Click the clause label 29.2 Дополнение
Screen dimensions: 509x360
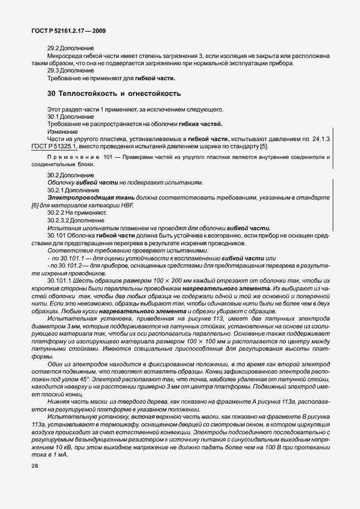(70, 49)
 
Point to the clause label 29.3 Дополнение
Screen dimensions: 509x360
(70, 71)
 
